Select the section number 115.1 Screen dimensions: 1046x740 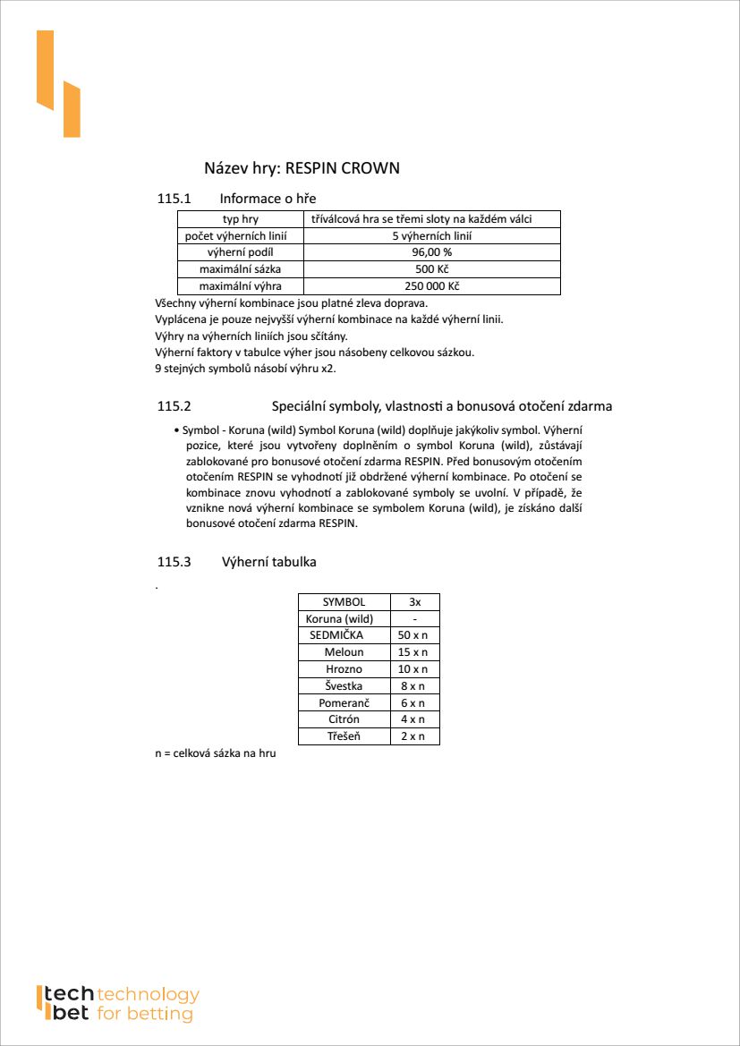pyautogui.click(x=174, y=199)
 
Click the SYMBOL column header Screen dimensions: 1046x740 pyautogui.click(x=344, y=602)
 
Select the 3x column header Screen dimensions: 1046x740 pyautogui.click(x=414, y=602)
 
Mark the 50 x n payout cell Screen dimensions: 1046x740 pyautogui.click(x=413, y=635)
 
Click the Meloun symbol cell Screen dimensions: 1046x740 pyautogui.click(x=344, y=652)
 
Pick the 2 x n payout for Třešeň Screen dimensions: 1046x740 pyautogui.click(x=413, y=736)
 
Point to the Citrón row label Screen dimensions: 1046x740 pyautogui.click(x=344, y=719)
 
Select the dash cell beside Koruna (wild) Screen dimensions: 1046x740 pyautogui.click(x=414, y=619)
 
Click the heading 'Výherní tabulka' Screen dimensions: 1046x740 pyautogui.click(x=268, y=562)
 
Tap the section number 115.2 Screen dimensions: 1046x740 pyautogui.click(x=174, y=406)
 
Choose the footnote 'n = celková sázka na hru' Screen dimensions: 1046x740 pyautogui.click(x=216, y=753)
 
